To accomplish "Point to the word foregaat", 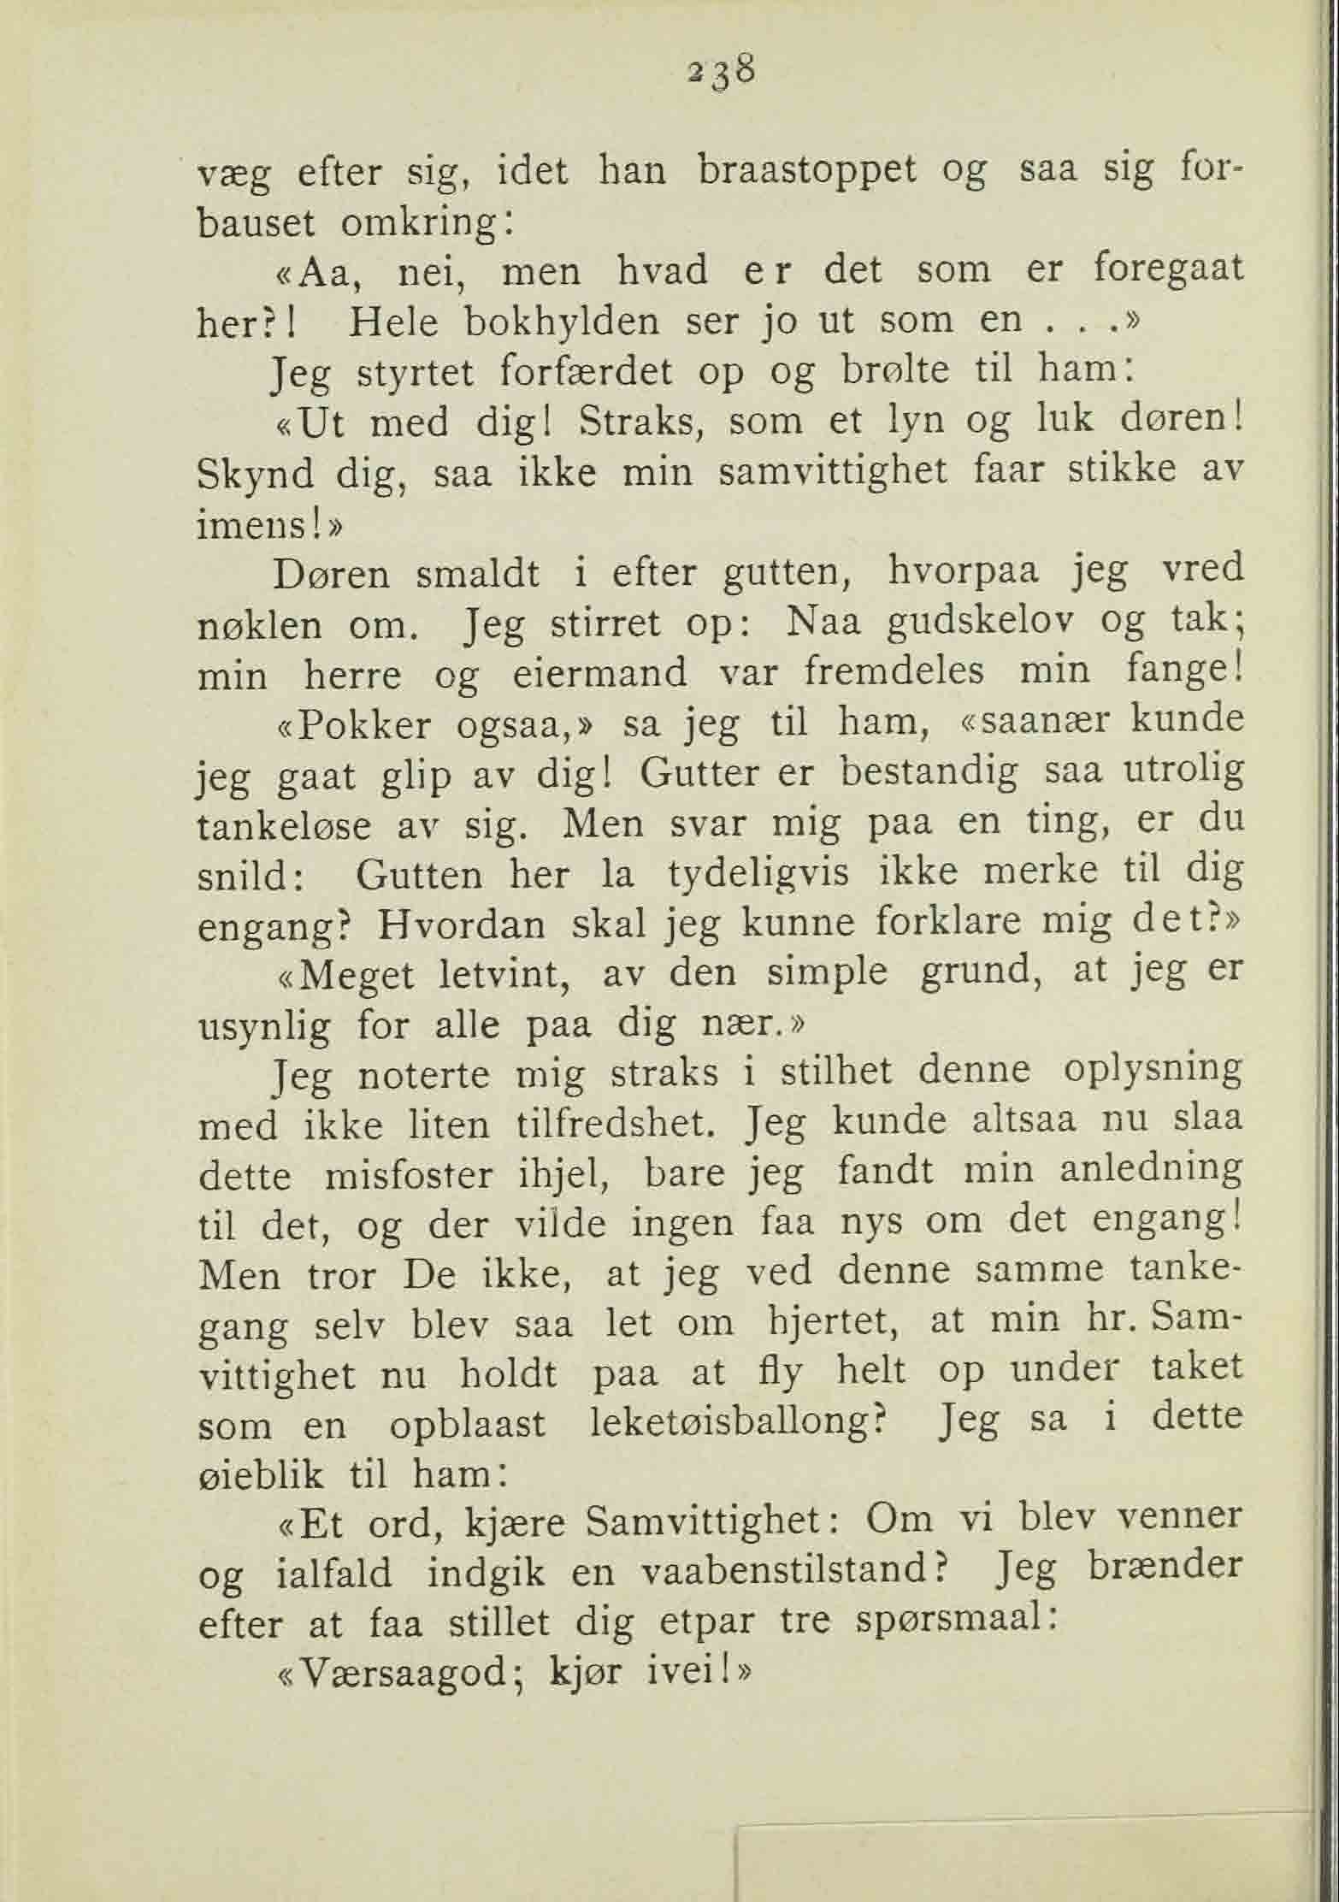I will click(x=1168, y=270).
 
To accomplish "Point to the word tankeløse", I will click(x=284, y=826).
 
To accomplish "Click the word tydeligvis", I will click(x=757, y=876).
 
